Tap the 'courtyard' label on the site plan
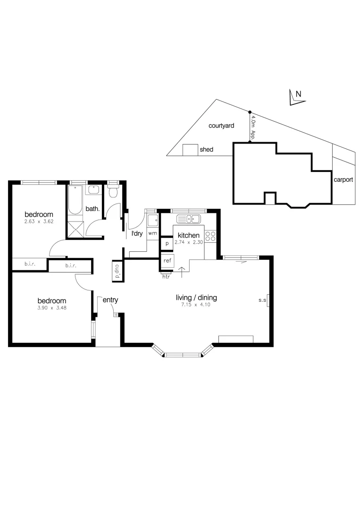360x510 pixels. click(221, 126)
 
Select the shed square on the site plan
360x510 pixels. click(190, 150)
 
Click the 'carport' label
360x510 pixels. click(343, 179)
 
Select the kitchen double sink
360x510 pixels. click(188, 219)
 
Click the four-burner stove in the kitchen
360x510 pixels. click(210, 237)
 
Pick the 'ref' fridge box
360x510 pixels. click(167, 260)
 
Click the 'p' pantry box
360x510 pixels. click(167, 244)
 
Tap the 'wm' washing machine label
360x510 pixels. click(152, 233)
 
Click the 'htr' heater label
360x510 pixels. click(166, 277)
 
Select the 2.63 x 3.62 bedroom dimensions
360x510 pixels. click(39, 221)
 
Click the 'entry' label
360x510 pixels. click(110, 300)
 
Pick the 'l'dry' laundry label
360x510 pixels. click(137, 233)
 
